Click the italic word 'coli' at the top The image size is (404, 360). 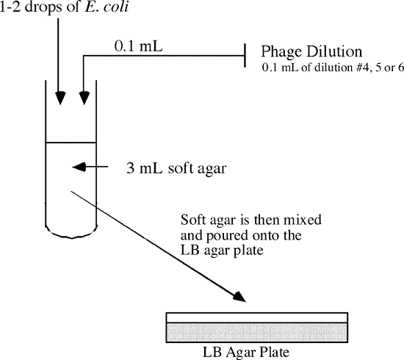[116, 7]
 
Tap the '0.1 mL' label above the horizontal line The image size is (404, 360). [139, 46]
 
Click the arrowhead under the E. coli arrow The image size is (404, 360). [60, 98]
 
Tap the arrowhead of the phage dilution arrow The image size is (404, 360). [84, 98]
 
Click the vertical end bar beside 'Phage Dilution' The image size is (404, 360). [245, 55]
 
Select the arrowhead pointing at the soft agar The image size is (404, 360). [79, 167]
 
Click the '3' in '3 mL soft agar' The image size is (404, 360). [130, 168]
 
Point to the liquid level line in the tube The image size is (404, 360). [71, 143]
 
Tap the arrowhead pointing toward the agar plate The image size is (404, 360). [239, 296]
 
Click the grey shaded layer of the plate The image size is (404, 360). [257, 333]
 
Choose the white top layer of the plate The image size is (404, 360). [257, 317]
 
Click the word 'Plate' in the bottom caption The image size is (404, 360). [273, 352]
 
